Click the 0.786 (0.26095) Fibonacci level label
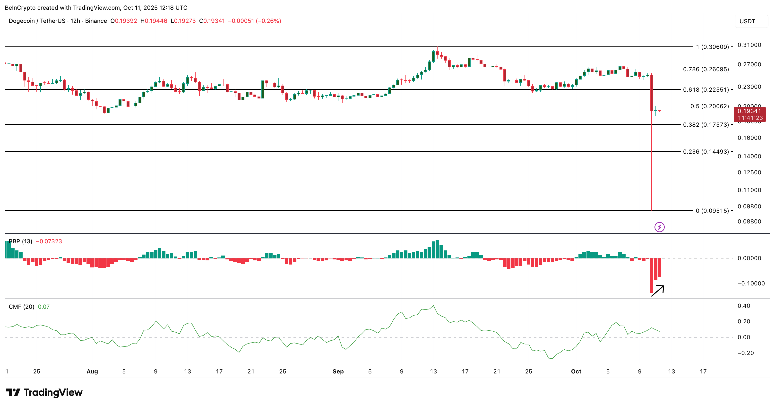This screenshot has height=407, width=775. tap(706, 69)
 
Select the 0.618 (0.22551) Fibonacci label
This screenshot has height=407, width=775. tap(706, 90)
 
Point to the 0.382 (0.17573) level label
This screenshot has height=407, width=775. tap(706, 125)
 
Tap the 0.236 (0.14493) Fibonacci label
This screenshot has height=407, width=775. tap(706, 152)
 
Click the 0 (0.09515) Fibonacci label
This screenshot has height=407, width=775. tap(712, 211)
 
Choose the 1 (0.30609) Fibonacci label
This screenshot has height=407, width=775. tap(712, 47)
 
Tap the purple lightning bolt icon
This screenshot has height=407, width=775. tap(659, 227)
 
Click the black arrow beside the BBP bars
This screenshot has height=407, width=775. tap(658, 291)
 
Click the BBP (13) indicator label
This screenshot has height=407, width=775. tap(20, 241)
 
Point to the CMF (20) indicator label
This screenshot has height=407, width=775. tap(21, 307)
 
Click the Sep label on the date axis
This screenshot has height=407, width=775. tap(338, 372)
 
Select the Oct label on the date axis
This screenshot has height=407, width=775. tap(576, 372)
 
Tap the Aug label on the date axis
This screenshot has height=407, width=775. tap(92, 372)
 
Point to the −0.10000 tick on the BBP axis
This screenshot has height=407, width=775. tap(751, 283)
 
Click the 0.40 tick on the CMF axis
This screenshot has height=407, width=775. tap(744, 306)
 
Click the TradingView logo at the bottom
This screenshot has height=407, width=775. tap(44, 393)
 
